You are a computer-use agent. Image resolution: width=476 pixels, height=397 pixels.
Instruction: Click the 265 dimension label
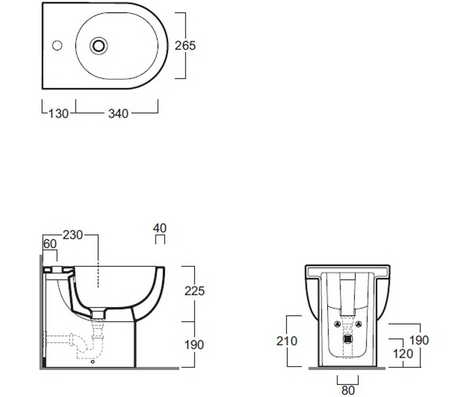click(185, 46)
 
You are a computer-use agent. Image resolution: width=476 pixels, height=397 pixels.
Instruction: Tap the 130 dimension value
click(59, 114)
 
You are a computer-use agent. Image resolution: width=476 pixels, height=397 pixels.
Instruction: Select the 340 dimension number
click(118, 114)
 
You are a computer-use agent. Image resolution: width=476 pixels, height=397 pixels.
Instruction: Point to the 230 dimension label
click(73, 235)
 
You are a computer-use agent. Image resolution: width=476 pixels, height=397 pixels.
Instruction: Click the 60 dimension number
click(50, 244)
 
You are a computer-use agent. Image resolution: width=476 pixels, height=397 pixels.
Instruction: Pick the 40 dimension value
click(160, 228)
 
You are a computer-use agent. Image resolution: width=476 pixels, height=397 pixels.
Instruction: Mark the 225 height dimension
click(194, 291)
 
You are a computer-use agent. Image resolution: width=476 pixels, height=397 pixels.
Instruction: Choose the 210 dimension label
click(287, 341)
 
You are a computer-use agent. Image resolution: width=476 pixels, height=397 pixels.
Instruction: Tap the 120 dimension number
click(403, 354)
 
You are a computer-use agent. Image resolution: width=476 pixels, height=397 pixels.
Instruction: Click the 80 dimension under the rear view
click(348, 390)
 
